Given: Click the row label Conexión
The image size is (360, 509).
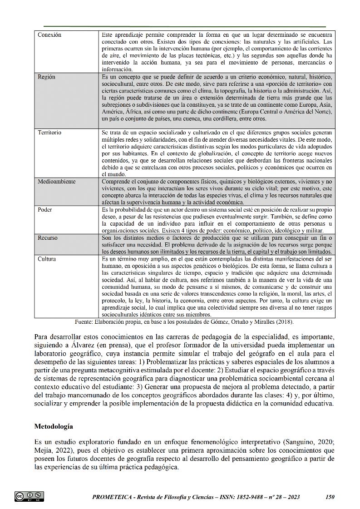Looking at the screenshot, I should tap(49, 35).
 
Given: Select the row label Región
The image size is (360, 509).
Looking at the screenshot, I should tap(47, 77).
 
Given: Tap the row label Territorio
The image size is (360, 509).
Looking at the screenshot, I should tap(49, 133).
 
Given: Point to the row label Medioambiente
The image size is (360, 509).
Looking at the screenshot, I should tap(57, 182).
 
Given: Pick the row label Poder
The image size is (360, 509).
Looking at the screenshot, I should tap(45, 210).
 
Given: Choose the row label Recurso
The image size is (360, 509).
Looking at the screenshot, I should tap(48, 238).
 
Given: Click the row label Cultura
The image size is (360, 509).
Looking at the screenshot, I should tap(47, 259).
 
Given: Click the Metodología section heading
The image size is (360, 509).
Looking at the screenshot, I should tap(54, 427).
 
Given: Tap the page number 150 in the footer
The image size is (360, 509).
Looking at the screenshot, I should tap(330, 497).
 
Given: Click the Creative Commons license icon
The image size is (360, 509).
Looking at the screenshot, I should tap(29, 496).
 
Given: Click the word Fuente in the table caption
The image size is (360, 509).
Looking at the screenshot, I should tap(84, 322).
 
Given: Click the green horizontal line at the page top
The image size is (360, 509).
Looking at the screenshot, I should tap(185, 27).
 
